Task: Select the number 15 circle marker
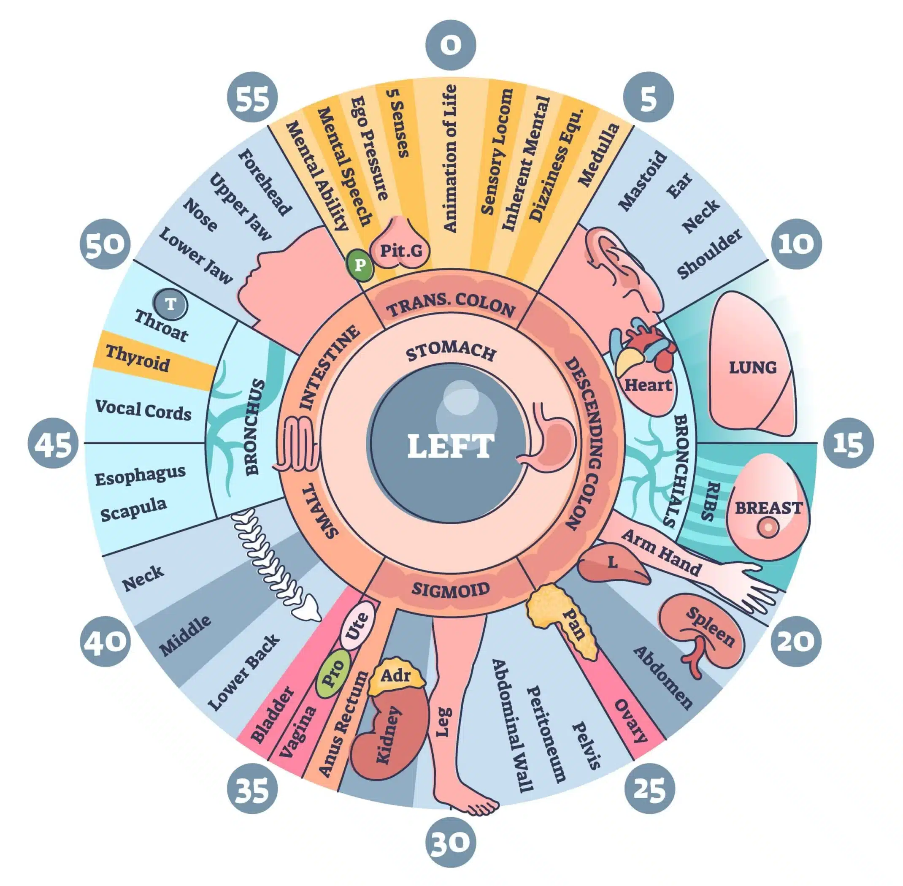pos(848,443)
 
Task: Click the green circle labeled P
pos(360,265)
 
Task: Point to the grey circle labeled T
pos(171,305)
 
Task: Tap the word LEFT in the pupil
pos(450,446)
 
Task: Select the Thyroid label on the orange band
pos(138,358)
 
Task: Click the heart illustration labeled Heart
pos(647,379)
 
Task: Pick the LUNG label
pos(752,368)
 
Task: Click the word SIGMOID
pos(450,590)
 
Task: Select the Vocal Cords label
pos(143,410)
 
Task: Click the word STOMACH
pos(450,352)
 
